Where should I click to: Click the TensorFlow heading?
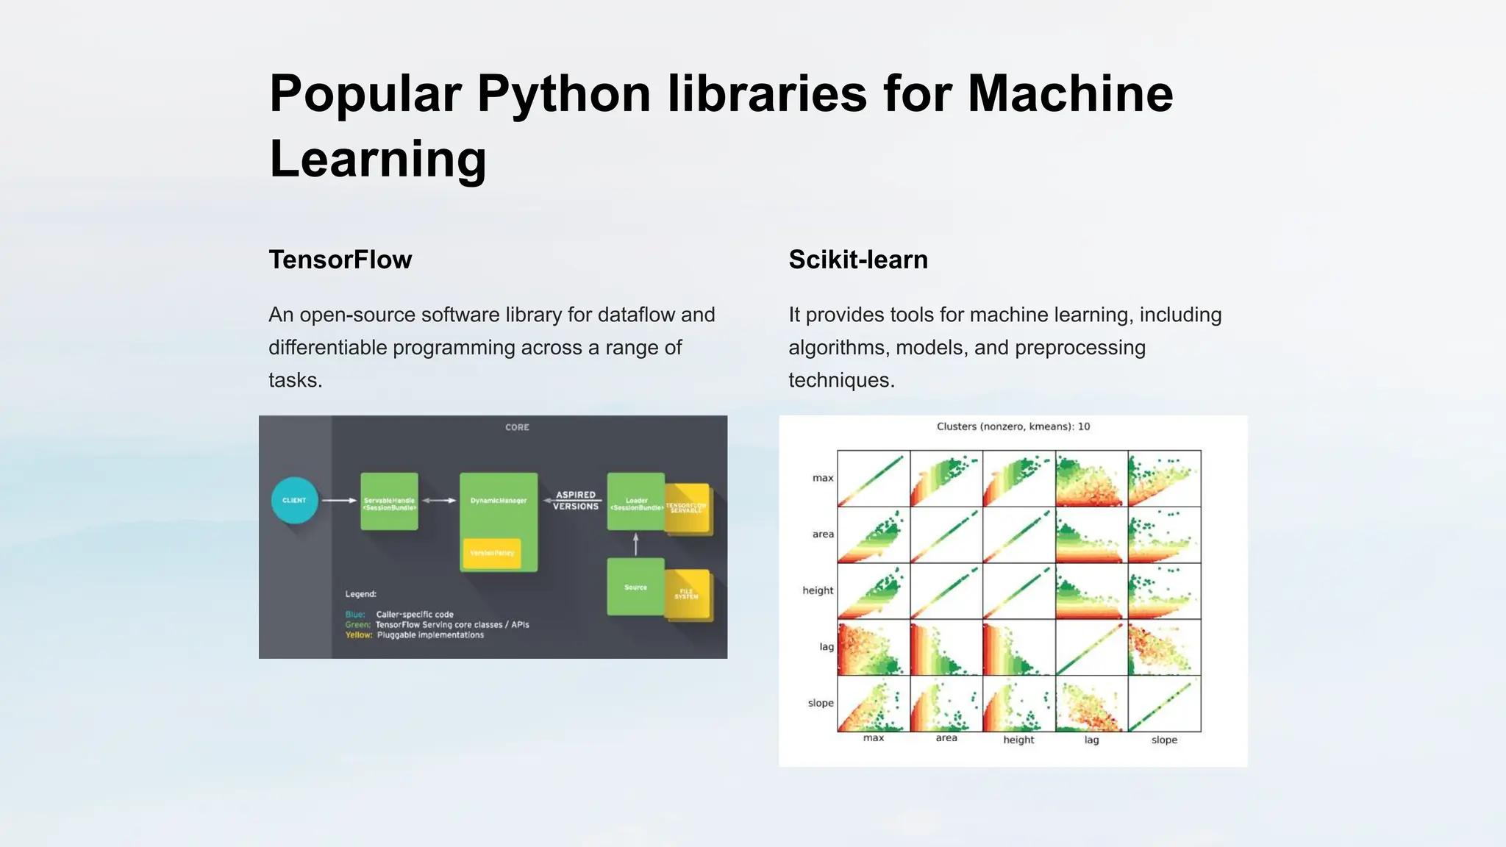click(x=340, y=260)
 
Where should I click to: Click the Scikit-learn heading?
click(x=857, y=260)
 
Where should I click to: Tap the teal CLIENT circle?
click(x=294, y=501)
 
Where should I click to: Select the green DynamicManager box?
click(x=499, y=507)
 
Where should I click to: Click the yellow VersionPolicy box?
click(x=492, y=553)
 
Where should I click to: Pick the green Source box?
click(x=635, y=587)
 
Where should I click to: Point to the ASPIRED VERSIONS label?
click(x=576, y=501)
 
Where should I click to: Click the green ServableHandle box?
click(x=389, y=501)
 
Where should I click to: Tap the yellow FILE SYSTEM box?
click(x=688, y=594)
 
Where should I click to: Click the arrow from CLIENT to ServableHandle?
click(x=339, y=501)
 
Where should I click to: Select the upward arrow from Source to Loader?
click(x=636, y=544)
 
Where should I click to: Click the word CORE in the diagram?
click(x=517, y=427)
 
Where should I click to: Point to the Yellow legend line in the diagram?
click(x=415, y=635)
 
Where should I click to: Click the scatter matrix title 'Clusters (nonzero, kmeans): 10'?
click(x=1013, y=426)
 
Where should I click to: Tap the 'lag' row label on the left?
click(x=827, y=647)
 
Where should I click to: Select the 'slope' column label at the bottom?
click(x=1164, y=740)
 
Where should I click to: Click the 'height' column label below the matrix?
click(x=1018, y=740)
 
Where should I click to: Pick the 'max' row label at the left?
click(x=823, y=478)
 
